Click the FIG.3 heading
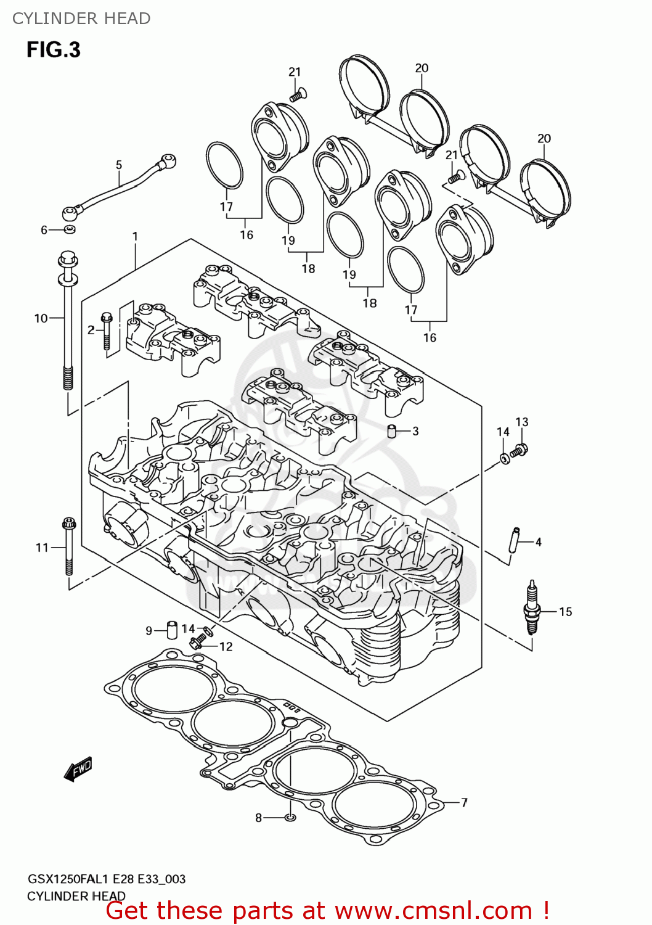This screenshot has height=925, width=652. (x=53, y=49)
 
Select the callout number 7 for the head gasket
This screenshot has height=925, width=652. (x=464, y=802)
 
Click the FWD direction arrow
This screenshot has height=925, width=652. (x=78, y=769)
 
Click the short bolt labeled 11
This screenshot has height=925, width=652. (x=68, y=546)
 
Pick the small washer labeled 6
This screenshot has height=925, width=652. (x=70, y=230)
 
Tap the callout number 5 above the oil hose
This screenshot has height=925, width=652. (x=119, y=165)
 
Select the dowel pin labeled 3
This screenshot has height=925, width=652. (x=391, y=430)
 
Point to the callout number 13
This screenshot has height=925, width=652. (x=521, y=422)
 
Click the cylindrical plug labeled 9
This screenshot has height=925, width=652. (x=172, y=630)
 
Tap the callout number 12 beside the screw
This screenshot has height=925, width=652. (x=226, y=646)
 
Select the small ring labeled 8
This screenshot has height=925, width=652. (x=291, y=817)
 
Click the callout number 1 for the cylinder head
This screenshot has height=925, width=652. (x=135, y=236)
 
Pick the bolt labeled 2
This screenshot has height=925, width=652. (x=107, y=333)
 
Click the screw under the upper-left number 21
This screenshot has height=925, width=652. (x=299, y=95)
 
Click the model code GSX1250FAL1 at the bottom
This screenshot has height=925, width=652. (x=68, y=879)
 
